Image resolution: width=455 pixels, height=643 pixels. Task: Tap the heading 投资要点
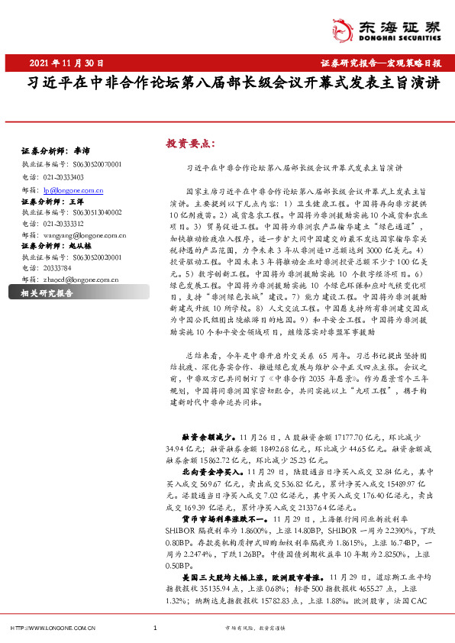(191, 143)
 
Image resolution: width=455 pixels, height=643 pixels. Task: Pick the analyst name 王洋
(77, 201)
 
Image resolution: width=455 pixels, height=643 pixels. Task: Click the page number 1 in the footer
(155, 628)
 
